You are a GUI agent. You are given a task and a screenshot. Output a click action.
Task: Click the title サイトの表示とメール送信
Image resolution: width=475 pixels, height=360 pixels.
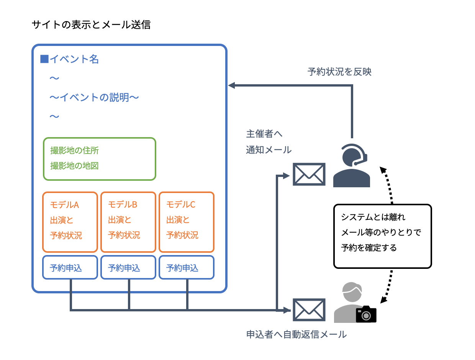pos(91,25)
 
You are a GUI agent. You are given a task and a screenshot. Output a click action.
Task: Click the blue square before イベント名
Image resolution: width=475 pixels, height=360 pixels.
pos(44,59)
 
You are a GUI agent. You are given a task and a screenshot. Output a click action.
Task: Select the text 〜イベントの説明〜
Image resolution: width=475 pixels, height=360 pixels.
pos(94,97)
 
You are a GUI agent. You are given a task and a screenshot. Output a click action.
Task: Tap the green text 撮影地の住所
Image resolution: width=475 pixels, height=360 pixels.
pos(74,151)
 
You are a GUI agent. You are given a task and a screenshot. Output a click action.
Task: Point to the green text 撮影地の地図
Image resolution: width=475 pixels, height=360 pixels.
pos(74,166)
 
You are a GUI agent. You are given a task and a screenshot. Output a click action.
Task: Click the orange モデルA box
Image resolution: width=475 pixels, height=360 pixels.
pos(70,222)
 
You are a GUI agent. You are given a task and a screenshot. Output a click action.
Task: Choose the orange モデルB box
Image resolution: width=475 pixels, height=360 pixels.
pos(128,222)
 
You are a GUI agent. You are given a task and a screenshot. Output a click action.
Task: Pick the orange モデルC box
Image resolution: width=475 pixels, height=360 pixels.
pos(187,222)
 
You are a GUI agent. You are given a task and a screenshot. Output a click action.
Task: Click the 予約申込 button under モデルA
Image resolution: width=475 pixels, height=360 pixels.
pos(70,268)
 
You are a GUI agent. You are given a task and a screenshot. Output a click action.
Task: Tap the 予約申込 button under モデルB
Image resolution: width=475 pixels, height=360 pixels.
pos(128,268)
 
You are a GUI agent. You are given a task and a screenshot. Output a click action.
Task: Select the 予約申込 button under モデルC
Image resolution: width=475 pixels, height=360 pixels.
pos(187,268)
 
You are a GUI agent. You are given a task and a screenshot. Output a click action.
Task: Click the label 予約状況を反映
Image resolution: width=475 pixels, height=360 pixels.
pos(339,72)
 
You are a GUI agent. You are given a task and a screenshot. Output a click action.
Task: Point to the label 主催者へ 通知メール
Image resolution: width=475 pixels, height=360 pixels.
pos(269,142)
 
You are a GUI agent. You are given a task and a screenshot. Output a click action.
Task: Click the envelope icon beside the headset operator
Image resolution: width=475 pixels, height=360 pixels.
pos(309,174)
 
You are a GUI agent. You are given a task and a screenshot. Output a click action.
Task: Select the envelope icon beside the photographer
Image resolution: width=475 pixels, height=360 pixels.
pos(309,309)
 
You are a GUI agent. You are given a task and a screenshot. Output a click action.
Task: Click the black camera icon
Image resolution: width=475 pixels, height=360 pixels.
pos(366,314)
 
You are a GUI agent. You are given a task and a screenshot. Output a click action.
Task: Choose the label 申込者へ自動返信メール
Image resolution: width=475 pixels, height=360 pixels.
pos(296,334)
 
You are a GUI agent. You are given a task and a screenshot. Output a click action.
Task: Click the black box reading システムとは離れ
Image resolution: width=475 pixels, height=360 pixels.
pos(383,236)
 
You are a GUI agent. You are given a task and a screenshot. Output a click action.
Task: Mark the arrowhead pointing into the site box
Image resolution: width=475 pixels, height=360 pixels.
pos(231,85)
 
